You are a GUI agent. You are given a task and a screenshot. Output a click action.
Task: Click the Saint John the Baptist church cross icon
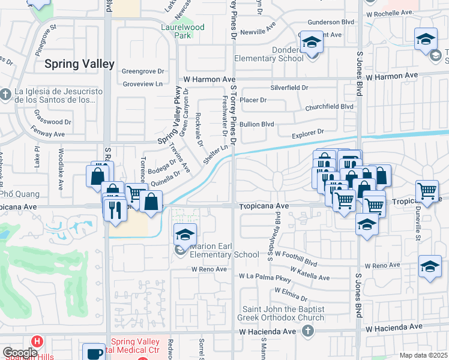click(307, 331)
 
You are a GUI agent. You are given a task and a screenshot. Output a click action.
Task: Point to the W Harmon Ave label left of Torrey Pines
click(209, 79)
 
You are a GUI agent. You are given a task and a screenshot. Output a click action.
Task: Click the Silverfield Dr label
click(289, 87)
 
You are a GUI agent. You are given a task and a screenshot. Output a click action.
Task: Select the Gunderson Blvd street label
click(328, 22)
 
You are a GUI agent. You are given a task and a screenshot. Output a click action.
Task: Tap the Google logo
click(20, 353)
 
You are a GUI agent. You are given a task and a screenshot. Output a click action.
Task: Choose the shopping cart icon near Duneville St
click(427, 191)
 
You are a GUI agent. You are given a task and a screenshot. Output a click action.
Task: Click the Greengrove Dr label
click(143, 71)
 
